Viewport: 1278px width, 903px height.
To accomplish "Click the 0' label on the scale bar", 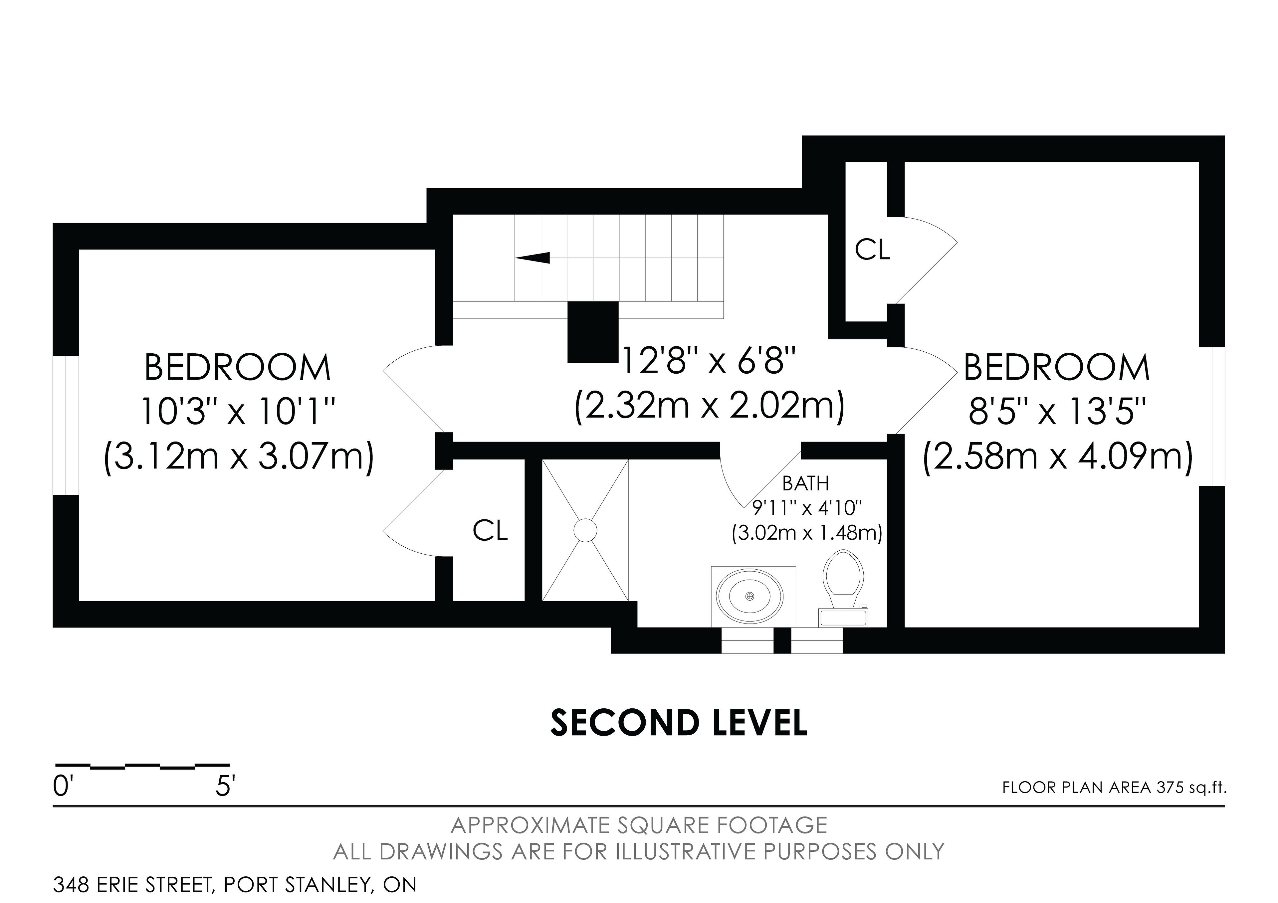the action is tap(64, 787).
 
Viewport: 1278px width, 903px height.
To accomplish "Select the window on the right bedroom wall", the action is tap(1212, 417).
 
